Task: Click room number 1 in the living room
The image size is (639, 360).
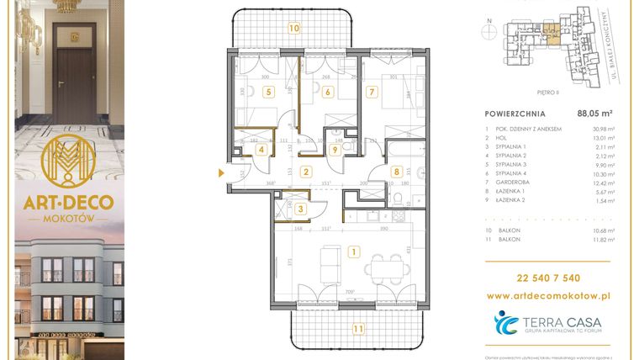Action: tap(355, 251)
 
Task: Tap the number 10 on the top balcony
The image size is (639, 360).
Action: tap(293, 27)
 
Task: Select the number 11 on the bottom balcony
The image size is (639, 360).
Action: tap(359, 328)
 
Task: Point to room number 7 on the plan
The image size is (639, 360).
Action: tap(370, 93)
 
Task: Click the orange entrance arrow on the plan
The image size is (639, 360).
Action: tap(222, 174)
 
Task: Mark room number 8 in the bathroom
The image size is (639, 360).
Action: tap(397, 172)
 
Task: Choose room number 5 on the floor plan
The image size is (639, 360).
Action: tap(268, 93)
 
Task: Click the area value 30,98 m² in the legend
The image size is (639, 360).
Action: tap(605, 128)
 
